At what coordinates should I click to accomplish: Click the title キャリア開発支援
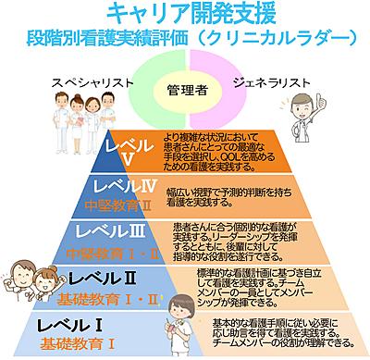pos(184,13)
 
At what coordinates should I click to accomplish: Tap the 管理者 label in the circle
pos(186,92)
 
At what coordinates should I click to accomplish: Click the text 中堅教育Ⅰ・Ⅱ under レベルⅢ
pos(103,250)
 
